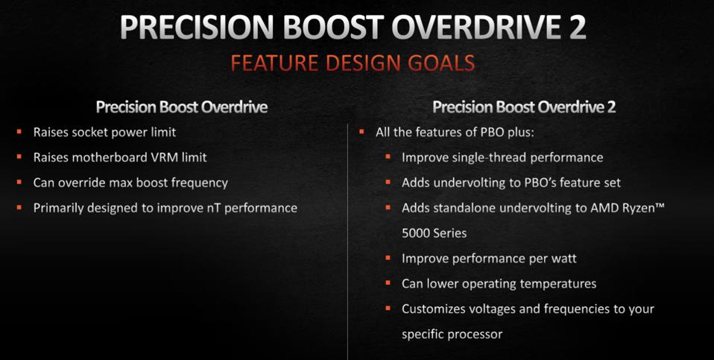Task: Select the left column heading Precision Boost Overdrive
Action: tap(182, 107)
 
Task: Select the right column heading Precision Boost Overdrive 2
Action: tap(524, 107)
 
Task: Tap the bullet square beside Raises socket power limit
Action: tap(19, 132)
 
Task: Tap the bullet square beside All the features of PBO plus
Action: tap(361, 132)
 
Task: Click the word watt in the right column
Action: tap(562, 259)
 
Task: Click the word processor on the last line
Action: tap(474, 334)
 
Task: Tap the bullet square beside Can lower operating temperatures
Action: tap(388, 284)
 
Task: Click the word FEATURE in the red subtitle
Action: tap(270, 63)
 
